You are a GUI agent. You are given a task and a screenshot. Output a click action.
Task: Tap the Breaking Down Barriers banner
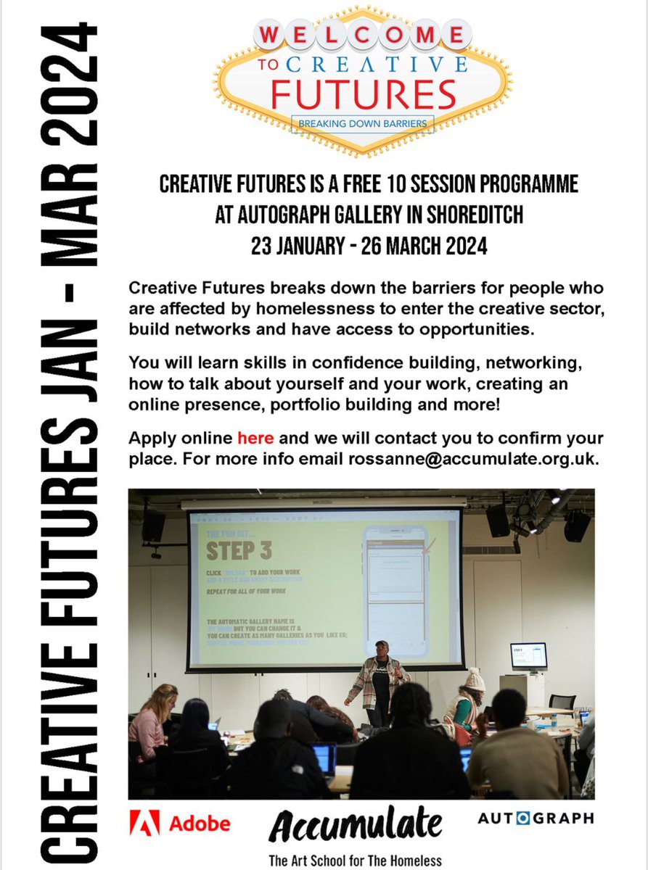[x=363, y=124]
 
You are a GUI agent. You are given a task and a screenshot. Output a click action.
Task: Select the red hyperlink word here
[x=255, y=439]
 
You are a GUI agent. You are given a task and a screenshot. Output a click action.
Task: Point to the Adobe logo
[x=180, y=823]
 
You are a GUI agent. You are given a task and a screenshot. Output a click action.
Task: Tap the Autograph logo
[x=536, y=818]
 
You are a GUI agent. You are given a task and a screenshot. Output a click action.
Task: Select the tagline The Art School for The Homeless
[x=355, y=861]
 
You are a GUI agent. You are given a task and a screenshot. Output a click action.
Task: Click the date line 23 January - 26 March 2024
[x=363, y=246]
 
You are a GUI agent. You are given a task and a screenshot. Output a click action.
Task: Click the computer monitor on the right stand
[x=528, y=657]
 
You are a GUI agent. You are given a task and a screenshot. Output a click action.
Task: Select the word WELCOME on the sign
[x=363, y=35]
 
